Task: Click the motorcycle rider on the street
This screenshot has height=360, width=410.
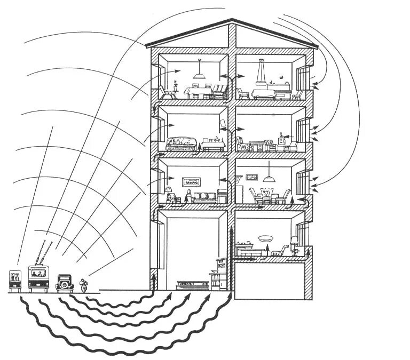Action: pos(83,284)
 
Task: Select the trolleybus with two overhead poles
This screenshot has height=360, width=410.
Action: pos(38,277)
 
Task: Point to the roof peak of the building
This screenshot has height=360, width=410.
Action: pos(231,22)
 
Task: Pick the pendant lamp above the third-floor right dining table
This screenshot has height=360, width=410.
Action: pos(268,178)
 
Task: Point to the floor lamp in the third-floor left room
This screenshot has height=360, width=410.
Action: pos(169,192)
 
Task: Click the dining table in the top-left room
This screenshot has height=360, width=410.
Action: pos(199,92)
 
